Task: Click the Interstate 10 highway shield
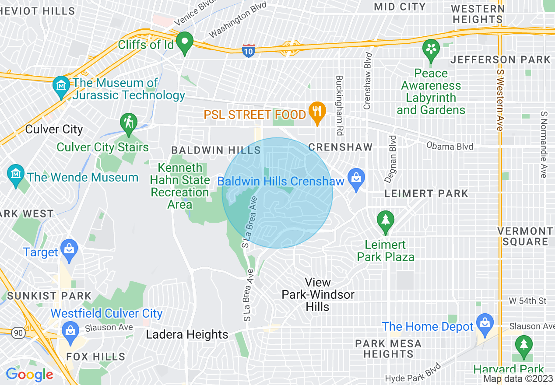point(248,51)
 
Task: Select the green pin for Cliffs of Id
point(185,43)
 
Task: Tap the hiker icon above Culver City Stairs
point(128,124)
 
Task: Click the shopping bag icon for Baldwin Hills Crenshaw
point(356,178)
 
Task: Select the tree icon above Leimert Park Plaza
point(385,220)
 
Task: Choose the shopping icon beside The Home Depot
point(485,324)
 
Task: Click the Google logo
point(29,374)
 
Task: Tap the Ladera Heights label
point(187,335)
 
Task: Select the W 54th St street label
point(527,301)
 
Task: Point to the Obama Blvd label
point(450,146)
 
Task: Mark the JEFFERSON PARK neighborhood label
point(501,59)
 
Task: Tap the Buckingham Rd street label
point(339,105)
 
